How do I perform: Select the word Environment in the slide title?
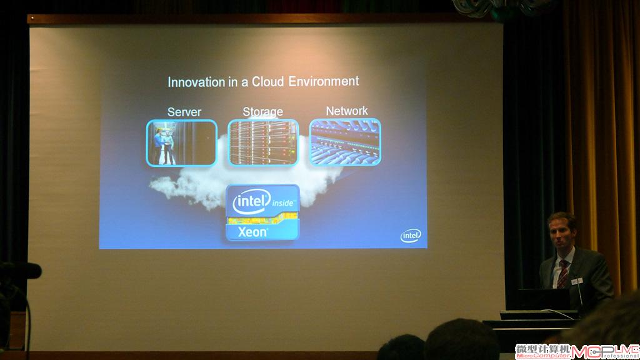pos(324,81)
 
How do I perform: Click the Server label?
pos(184,112)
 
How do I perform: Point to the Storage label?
pos(263,112)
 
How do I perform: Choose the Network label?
pos(347,111)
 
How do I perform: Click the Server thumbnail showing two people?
pos(182,143)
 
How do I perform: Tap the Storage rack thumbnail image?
pos(263,142)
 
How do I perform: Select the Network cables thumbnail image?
pos(345,142)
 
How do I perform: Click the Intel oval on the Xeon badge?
pos(251,201)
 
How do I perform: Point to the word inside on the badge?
pos(283,203)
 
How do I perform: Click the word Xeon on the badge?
pos(252,232)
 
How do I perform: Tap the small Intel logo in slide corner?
pos(411,236)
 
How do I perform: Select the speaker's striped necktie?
pos(563,274)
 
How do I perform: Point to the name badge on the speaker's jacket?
pos(577,281)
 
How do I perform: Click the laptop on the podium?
pos(543,299)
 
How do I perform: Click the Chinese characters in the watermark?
pos(543,349)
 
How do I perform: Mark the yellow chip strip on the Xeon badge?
pos(262,219)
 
